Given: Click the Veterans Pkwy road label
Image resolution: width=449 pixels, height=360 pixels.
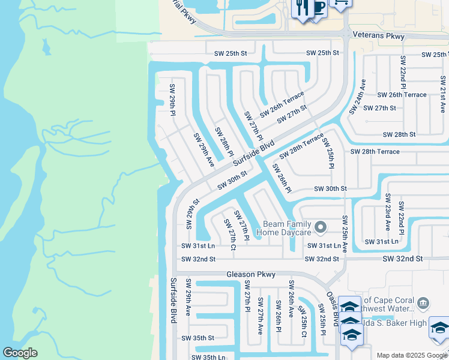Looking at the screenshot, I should (x=379, y=37).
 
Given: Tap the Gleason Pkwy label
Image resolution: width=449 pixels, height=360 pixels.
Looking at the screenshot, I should (x=250, y=274).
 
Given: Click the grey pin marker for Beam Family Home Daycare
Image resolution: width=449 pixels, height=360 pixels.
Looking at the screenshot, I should (x=321, y=227).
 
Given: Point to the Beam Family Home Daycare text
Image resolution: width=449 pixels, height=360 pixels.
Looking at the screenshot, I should (x=286, y=227).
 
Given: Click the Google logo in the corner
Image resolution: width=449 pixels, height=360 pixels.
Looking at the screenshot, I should (x=20, y=353).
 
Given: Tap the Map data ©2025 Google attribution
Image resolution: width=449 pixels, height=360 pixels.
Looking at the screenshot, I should (x=411, y=355).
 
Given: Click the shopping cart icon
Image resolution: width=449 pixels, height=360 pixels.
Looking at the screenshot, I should (x=340, y=3).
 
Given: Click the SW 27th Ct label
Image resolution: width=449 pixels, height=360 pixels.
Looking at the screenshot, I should (x=229, y=234).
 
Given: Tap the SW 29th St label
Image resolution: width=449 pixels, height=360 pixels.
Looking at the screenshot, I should (x=192, y=214).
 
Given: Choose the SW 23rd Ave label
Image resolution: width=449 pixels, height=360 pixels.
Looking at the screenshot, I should (x=388, y=213).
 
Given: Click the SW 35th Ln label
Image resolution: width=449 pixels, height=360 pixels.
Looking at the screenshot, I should (x=208, y=357).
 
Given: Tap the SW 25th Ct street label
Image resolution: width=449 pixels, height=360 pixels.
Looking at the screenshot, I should (x=303, y=322).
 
